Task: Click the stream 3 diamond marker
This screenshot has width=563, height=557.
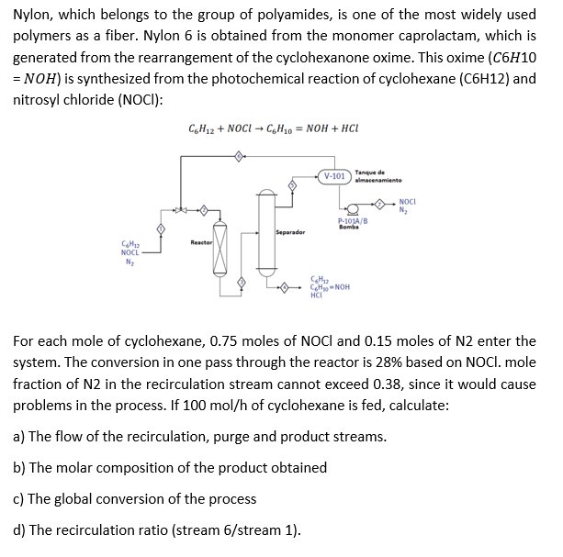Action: pos(242,282)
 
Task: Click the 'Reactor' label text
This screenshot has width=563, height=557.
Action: pos(201,242)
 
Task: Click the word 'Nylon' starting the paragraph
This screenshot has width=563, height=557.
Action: pos(32,15)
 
